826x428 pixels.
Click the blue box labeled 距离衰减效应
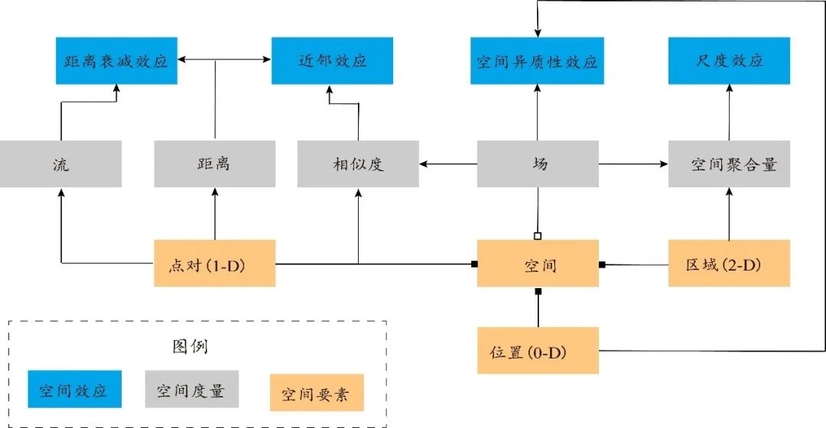coord(116,60)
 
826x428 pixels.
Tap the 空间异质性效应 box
coord(537,60)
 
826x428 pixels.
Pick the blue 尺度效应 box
coord(729,60)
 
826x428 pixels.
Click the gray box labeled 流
coord(60,164)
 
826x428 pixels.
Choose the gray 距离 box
coord(214,164)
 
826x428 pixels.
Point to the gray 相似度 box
coord(358,164)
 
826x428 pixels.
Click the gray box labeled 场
coord(537,164)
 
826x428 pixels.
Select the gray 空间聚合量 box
coord(729,164)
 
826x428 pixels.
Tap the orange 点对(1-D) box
coord(214,264)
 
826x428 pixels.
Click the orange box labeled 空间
coord(537,264)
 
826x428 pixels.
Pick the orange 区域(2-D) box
coord(729,264)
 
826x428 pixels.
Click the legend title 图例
coord(190,346)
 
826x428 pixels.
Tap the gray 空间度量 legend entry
coord(190,391)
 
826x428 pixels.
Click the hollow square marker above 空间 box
coord(538,235)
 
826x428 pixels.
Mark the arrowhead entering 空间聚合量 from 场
coord(664,164)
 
